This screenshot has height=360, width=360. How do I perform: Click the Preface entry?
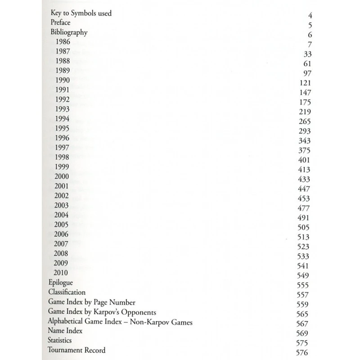[x=61, y=22]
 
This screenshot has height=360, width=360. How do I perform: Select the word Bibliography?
[x=69, y=32]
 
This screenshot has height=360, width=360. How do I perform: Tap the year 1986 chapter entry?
[x=63, y=42]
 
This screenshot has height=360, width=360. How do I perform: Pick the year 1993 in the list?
[x=63, y=109]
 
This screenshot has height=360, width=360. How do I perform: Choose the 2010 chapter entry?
[x=61, y=273]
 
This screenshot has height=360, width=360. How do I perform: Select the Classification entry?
[x=67, y=292]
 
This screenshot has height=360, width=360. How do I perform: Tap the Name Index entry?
[x=65, y=331]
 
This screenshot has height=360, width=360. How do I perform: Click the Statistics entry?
[x=60, y=341]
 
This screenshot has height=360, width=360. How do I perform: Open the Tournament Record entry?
[x=77, y=350]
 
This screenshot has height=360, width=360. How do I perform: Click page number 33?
[x=308, y=54]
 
